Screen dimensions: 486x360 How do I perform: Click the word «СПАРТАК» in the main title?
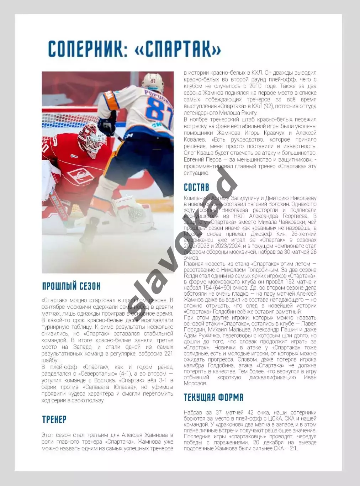click(178, 49)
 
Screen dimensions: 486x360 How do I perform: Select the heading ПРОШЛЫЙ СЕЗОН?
click(71, 286)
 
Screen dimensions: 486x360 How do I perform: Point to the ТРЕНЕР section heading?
click(54, 419)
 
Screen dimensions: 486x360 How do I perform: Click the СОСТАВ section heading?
click(196, 187)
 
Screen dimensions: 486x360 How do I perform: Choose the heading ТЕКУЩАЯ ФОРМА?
click(213, 397)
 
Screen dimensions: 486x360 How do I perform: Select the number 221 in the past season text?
click(168, 353)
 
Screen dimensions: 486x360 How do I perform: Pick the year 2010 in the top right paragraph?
click(255, 86)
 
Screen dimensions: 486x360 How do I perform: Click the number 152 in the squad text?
click(290, 282)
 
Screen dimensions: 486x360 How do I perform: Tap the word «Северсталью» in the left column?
click(99, 374)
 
